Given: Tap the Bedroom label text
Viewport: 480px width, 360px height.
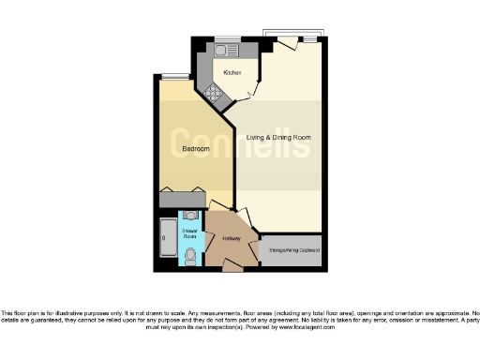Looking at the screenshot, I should pyautogui.click(x=195, y=150).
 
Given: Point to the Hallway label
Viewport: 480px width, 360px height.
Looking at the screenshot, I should pyautogui.click(x=232, y=239).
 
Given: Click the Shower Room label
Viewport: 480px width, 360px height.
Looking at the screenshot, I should pyautogui.click(x=190, y=234).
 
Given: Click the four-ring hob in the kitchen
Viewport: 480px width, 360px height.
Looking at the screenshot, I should pyautogui.click(x=213, y=93).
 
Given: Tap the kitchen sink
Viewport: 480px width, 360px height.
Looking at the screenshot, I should pyautogui.click(x=227, y=52).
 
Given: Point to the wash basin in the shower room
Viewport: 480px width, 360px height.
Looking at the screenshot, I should pyautogui.click(x=190, y=217).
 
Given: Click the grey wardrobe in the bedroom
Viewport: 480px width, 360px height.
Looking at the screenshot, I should pyautogui.click(x=183, y=199).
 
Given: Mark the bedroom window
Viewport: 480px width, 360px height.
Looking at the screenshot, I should pyautogui.click(x=174, y=77).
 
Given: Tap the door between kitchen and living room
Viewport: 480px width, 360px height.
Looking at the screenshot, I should pyautogui.click(x=246, y=92).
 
